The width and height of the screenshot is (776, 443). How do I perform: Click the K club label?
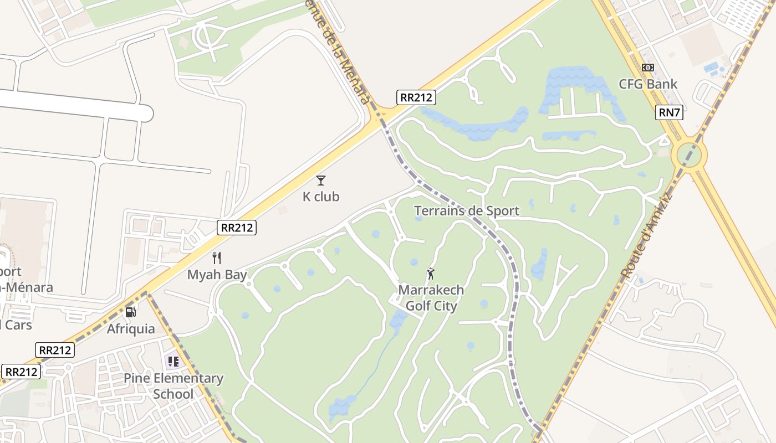pyautogui.click(x=321, y=197)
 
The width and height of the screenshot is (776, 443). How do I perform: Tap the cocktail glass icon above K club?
pyautogui.click(x=321, y=180)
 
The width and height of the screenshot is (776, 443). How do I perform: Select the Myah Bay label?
pyautogui.click(x=217, y=275)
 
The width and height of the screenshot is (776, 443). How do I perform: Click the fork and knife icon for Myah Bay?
pyautogui.click(x=217, y=257)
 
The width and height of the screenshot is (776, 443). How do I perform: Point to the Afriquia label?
pyautogui.click(x=131, y=329)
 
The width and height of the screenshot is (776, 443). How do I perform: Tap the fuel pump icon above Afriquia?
pyautogui.click(x=130, y=312)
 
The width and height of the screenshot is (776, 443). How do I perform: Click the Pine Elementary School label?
pyautogui.click(x=173, y=386)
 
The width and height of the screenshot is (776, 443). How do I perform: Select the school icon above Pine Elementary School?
pyautogui.click(x=173, y=362)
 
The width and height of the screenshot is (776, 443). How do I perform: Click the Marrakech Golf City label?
pyautogui.click(x=431, y=298)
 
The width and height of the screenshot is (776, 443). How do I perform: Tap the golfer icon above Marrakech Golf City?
pyautogui.click(x=431, y=274)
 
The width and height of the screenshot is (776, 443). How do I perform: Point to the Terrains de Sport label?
pyautogui.click(x=467, y=210)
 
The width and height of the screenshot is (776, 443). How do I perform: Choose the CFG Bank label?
pyautogui.click(x=648, y=84)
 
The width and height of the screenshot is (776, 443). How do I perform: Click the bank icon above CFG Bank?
pyautogui.click(x=648, y=68)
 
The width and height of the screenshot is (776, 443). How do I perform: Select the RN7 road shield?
pyautogui.click(x=669, y=112)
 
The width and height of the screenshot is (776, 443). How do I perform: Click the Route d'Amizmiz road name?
pyautogui.click(x=646, y=236)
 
